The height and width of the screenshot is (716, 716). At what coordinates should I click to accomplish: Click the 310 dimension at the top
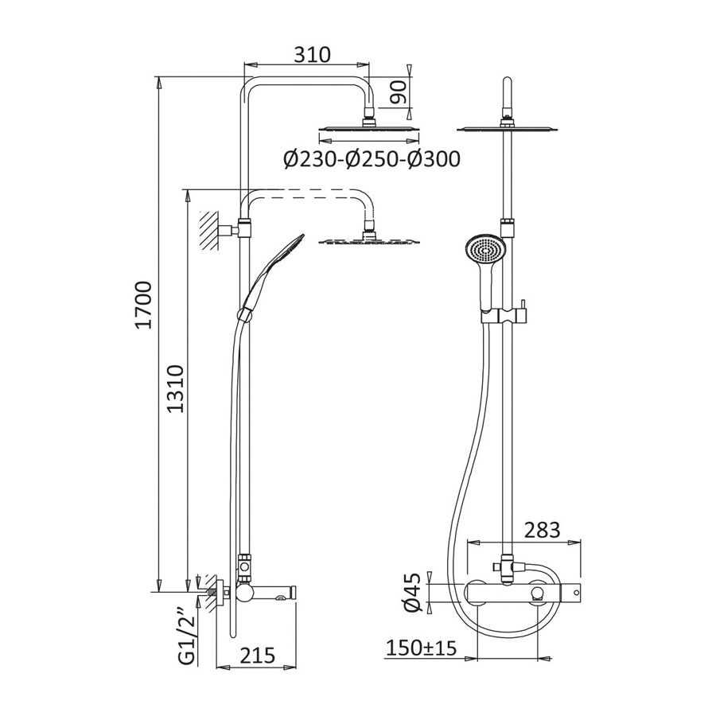click(311, 55)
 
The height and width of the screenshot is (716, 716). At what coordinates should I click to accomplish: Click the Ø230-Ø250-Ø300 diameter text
click(372, 159)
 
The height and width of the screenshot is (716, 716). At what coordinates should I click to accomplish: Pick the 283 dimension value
click(542, 530)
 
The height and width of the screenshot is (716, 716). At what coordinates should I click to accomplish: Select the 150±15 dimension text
click(421, 648)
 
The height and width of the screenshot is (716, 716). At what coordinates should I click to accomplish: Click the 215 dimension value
click(257, 656)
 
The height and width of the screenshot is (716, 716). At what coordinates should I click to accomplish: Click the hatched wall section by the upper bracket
click(208, 230)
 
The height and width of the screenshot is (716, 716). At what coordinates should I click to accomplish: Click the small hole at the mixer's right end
click(576, 593)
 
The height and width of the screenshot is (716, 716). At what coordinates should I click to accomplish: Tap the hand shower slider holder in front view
click(505, 315)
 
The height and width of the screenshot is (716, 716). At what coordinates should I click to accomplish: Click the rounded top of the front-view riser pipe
click(507, 84)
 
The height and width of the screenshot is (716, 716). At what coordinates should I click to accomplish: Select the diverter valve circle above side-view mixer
click(245, 567)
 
